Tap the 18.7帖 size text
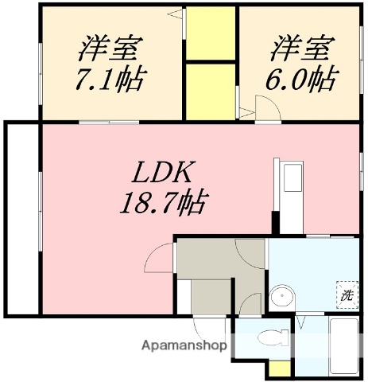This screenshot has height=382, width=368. point(164,203)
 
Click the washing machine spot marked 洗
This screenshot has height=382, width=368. point(347,294)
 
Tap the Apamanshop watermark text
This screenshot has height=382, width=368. point(184,346)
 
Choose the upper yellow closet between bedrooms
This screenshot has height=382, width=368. point(211,33)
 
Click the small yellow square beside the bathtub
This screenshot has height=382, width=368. point(278,368)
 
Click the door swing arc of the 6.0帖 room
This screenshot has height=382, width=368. point(263,107)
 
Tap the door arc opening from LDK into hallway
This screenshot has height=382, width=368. point(159,258)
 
